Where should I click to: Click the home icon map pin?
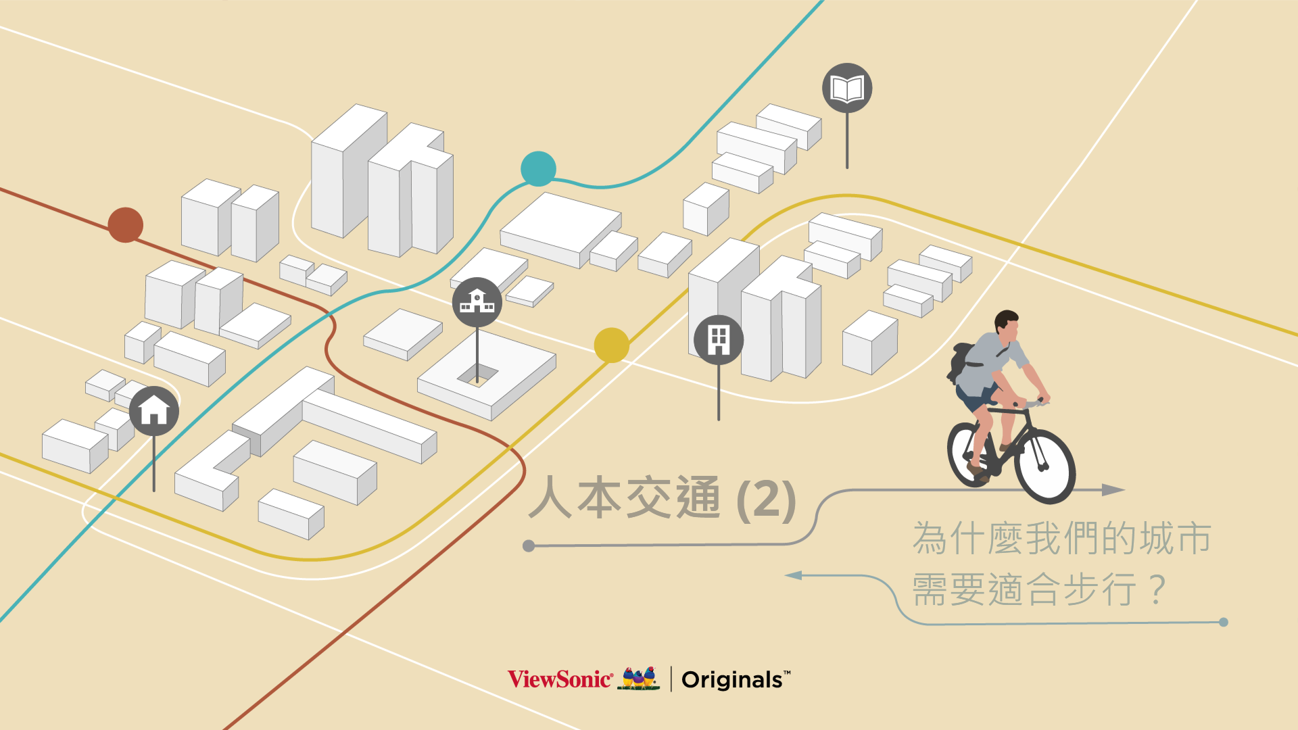154,411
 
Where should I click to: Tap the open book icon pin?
847,89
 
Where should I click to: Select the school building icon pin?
477,302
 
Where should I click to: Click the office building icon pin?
719,340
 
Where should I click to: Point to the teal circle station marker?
538,169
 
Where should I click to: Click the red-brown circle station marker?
126,225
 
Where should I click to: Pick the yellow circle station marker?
611,345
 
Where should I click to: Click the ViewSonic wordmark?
560,679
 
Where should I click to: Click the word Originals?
732,680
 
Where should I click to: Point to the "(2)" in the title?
766,500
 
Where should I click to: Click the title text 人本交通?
625,498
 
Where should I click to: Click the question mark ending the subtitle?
1157,589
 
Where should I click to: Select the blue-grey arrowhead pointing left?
794,575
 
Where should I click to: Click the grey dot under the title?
529,545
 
